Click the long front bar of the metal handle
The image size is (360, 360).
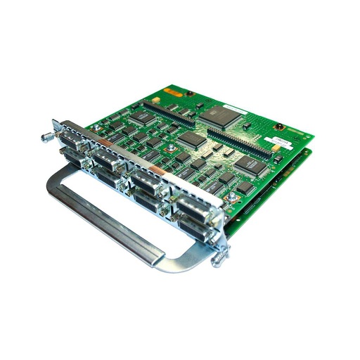click(105, 225)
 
